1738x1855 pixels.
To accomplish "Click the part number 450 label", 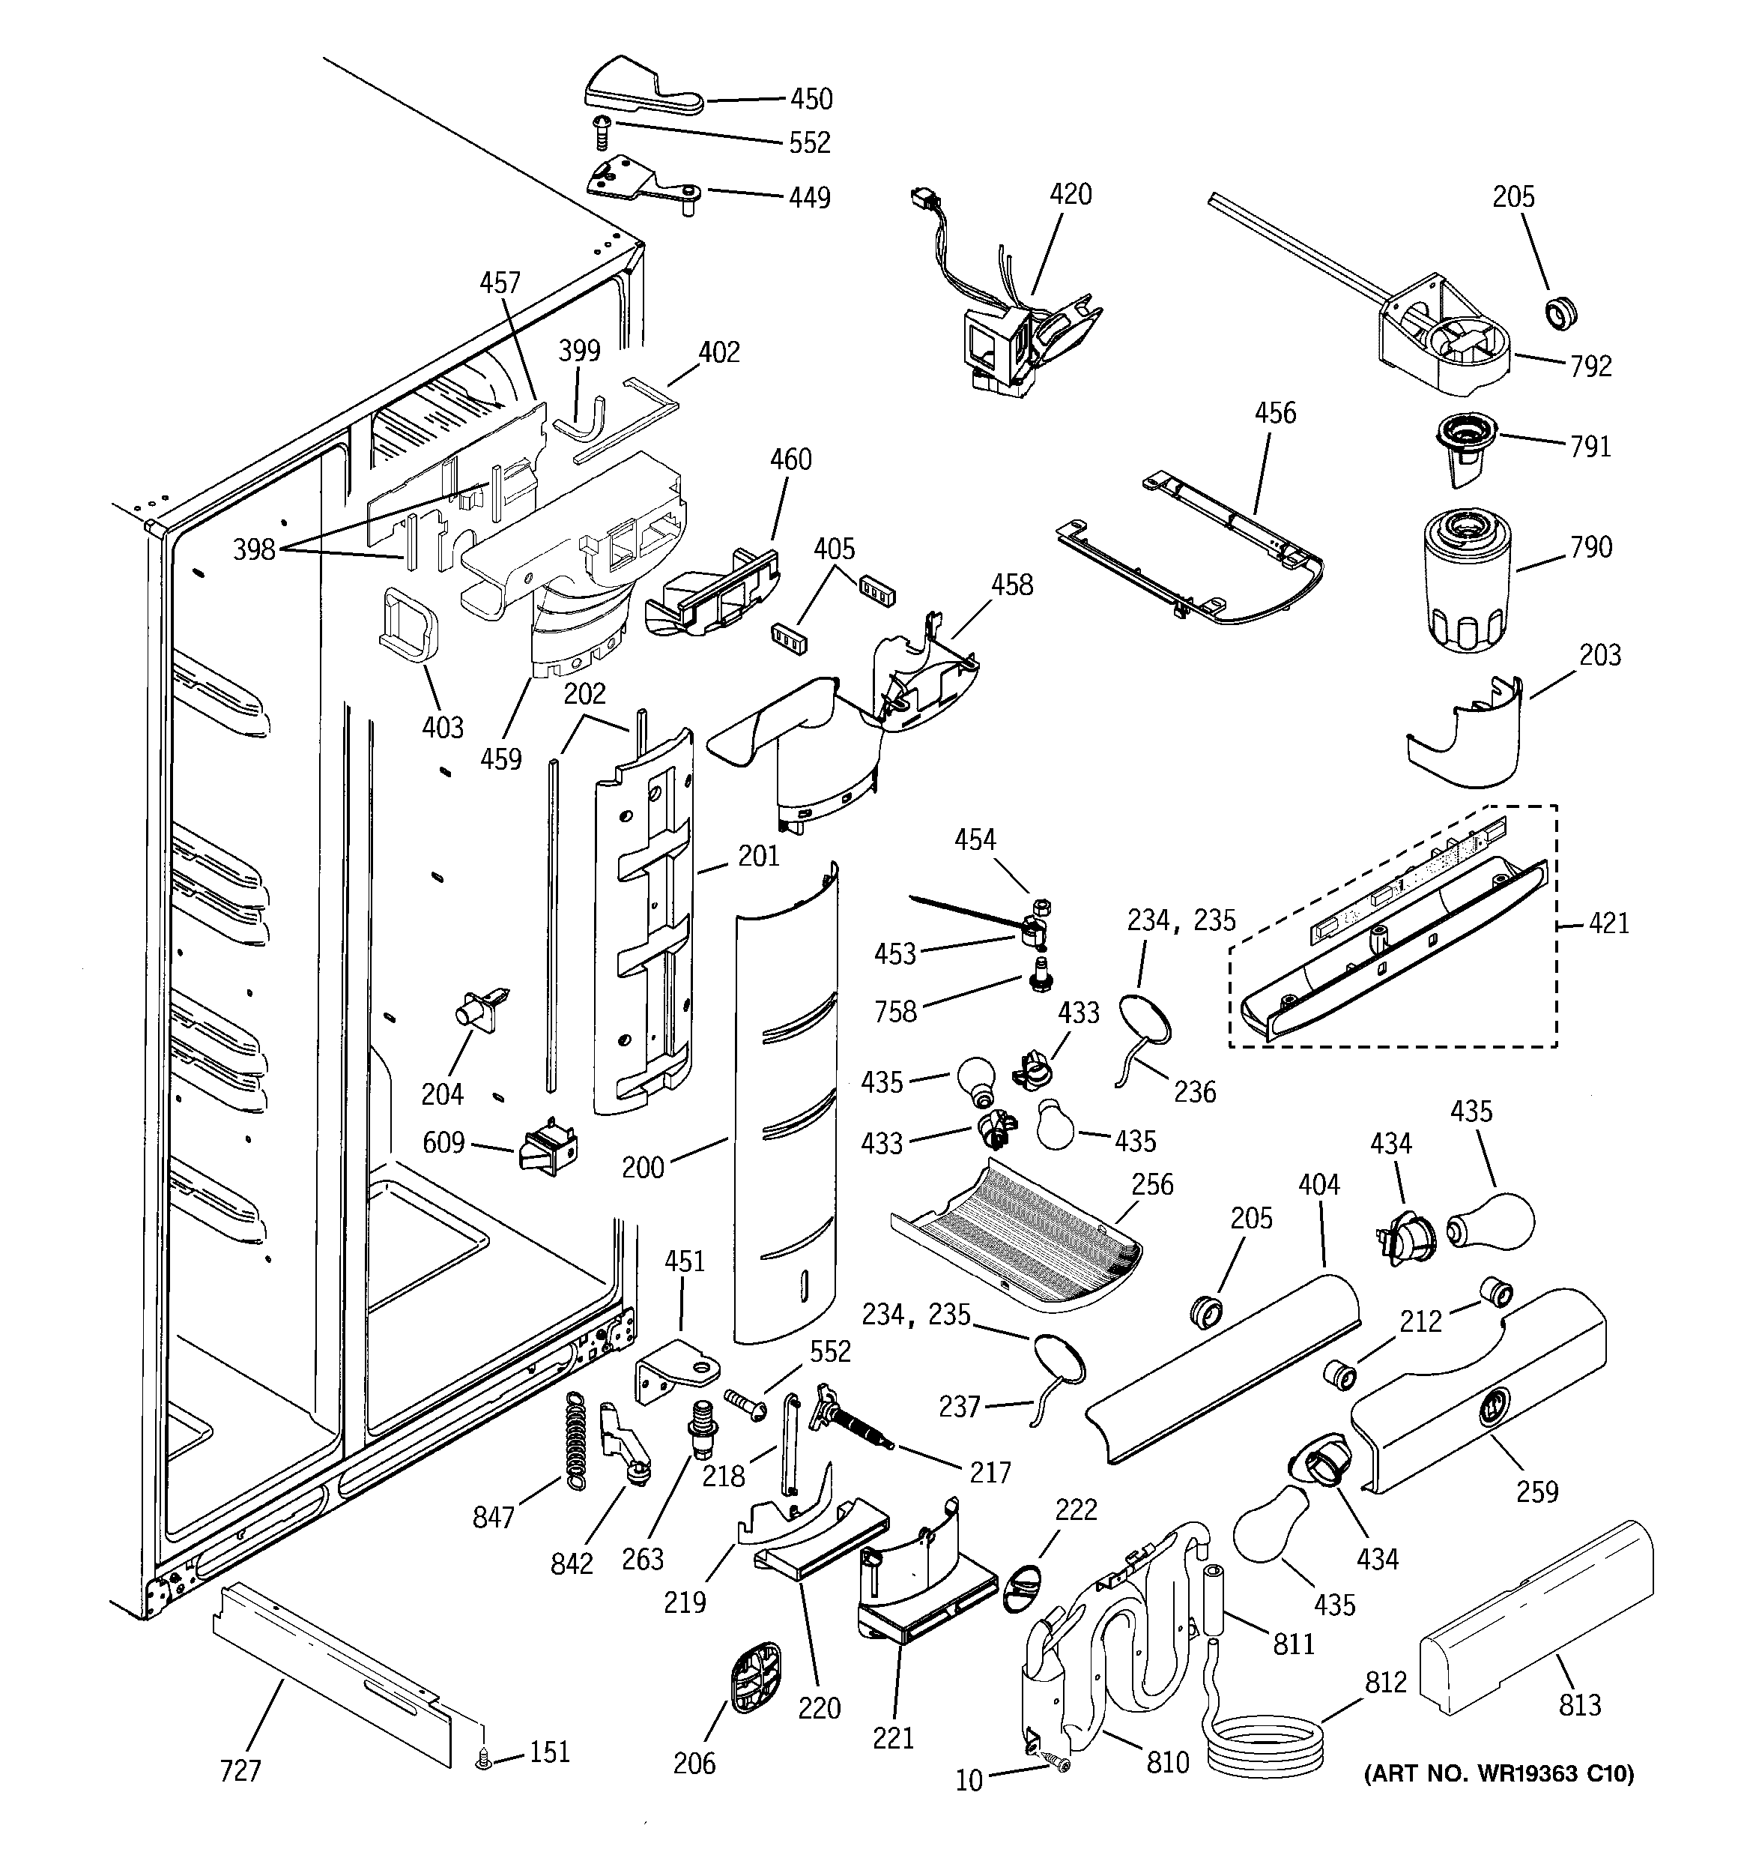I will coord(811,99).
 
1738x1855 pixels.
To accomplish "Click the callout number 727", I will coord(240,1770).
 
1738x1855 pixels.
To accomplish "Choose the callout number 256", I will coord(1152,1184).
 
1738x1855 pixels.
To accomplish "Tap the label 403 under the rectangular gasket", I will coord(442,727).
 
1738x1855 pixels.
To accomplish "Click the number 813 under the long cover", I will coord(1579,1705).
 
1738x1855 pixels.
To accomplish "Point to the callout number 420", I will coord(1070,194).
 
